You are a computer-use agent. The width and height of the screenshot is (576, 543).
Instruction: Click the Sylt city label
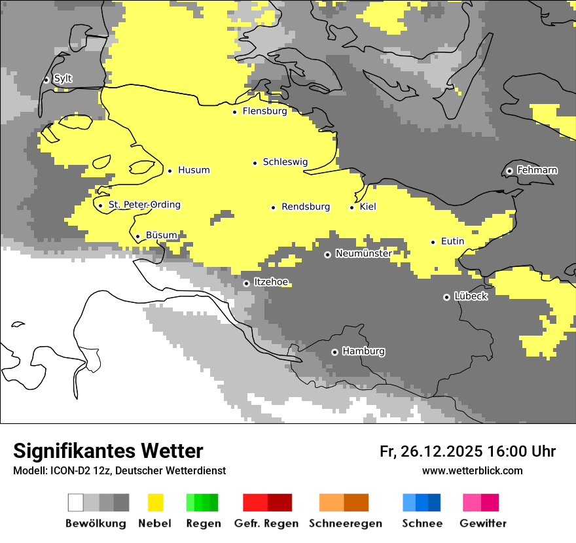63,79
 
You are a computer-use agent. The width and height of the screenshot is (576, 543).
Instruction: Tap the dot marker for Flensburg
234,112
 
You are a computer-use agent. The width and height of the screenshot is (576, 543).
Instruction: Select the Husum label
194,170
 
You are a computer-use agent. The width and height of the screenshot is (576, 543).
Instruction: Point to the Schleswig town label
285,162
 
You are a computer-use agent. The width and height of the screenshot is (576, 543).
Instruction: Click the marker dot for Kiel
352,207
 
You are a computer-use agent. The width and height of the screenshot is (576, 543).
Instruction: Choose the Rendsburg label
305,207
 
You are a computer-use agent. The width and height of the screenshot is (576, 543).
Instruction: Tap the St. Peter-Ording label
144,205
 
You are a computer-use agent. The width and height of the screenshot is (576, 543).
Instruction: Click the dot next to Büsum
137,236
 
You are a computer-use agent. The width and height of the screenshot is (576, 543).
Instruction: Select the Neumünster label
363,253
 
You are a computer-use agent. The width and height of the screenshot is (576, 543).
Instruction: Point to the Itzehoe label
271,282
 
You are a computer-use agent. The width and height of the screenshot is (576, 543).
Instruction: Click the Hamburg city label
363,351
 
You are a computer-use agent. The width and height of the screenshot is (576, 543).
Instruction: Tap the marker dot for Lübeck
446,297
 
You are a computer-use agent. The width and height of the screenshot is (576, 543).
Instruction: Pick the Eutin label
452,241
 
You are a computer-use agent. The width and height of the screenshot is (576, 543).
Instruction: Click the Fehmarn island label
537,170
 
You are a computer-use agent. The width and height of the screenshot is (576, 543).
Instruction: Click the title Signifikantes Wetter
108,451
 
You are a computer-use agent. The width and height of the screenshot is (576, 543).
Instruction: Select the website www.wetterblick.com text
472,470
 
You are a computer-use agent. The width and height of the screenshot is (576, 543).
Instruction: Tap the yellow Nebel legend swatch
156,502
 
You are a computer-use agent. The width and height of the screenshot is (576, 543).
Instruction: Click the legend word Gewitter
483,523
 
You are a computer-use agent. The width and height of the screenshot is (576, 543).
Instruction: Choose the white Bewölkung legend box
76,502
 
